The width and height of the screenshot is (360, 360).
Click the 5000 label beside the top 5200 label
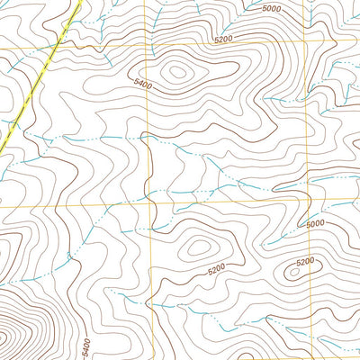(x=271, y=8)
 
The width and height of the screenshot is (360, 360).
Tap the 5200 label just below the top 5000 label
(x=229, y=40)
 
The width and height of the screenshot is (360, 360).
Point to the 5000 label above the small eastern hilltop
(x=315, y=224)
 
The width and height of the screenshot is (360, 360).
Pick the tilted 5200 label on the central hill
(x=215, y=269)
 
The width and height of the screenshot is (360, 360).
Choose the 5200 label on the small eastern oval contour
(x=305, y=262)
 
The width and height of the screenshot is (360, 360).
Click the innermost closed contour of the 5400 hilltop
(x=176, y=72)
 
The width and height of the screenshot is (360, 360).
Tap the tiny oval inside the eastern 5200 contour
(x=294, y=270)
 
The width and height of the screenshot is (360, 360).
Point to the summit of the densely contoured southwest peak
(x=4, y=338)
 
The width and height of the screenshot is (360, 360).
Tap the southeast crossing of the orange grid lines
(x=309, y=204)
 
